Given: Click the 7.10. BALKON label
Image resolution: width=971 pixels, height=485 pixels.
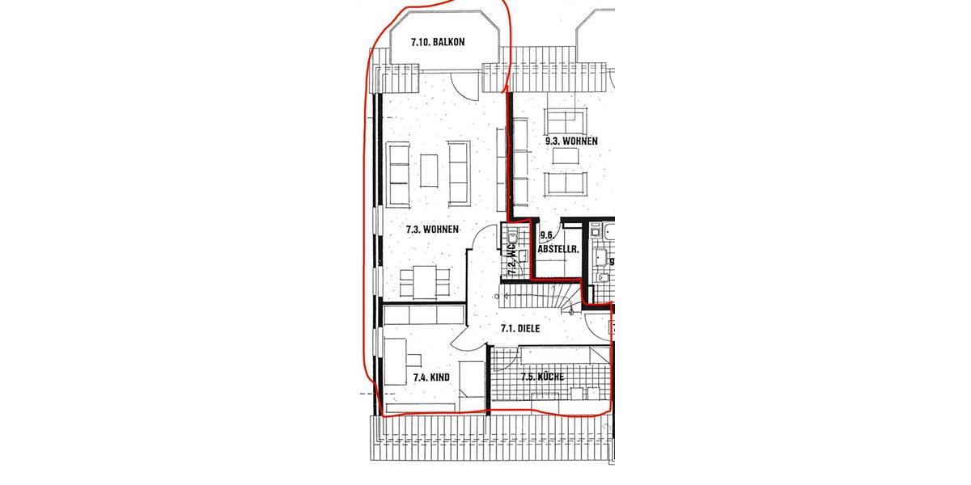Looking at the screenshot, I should coord(438,42).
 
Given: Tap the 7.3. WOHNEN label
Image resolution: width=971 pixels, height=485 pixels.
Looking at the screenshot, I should coord(432,230).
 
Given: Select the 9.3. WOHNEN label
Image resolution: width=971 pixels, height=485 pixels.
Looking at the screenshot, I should coord(571,141).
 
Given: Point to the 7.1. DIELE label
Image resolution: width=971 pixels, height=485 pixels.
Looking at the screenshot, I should coord(519,329).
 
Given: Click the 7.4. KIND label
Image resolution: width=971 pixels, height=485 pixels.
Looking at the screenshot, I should coord(431,377).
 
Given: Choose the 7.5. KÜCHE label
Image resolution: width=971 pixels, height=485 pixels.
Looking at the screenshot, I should coord(542,377).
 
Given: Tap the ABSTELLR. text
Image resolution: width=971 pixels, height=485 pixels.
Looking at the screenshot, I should coord(558,251).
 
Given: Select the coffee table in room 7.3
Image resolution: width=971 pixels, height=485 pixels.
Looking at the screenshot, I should coord(430,171).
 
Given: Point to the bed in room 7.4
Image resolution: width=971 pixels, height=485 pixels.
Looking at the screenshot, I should coord(470,386).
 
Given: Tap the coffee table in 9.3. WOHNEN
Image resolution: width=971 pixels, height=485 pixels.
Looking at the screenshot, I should coord(563,158).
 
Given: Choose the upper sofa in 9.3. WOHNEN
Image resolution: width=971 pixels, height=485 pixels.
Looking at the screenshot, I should coord(565,119).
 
